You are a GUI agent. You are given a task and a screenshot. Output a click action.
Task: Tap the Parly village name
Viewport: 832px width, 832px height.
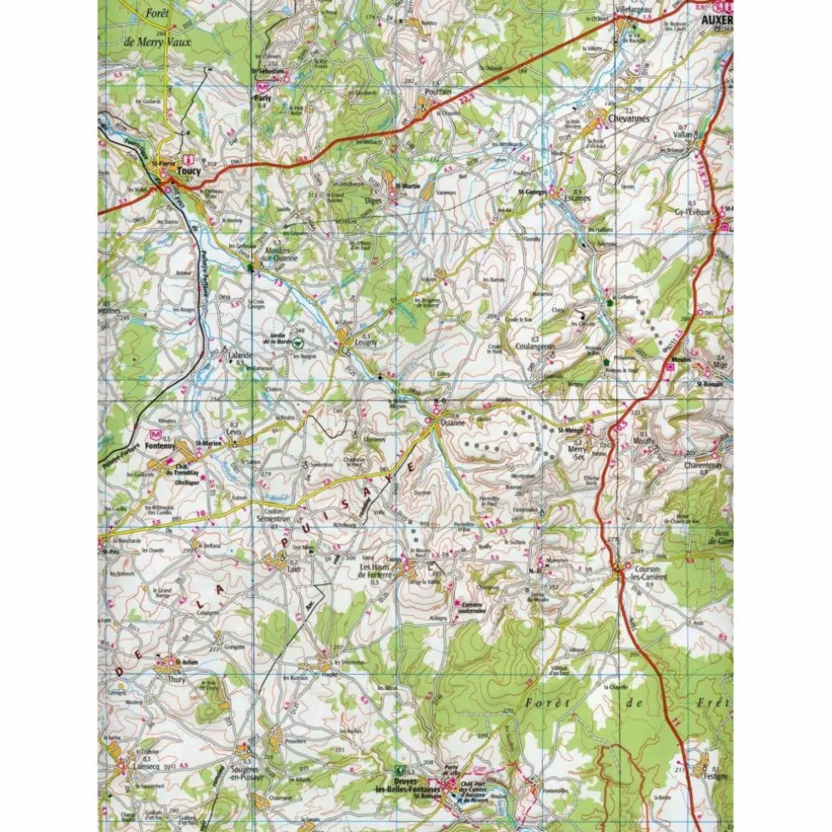click(x=261, y=98)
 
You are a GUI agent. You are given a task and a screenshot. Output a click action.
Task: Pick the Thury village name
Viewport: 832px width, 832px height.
click(x=175, y=678)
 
